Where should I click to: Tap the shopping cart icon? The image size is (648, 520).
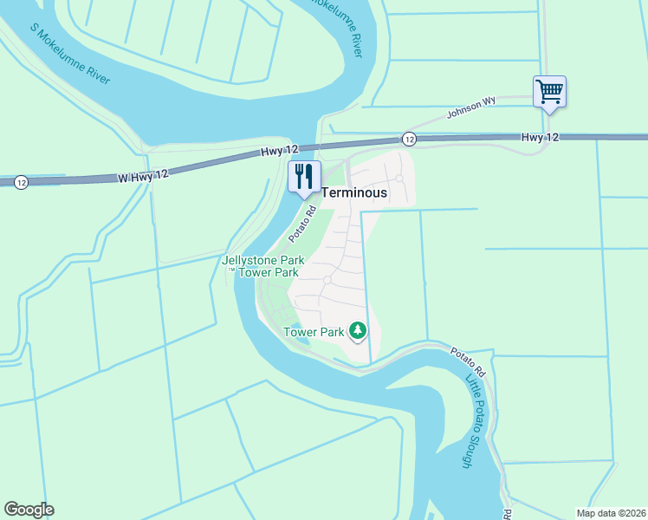pyautogui.click(x=549, y=90)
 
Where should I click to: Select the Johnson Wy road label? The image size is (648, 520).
pyautogui.click(x=470, y=107)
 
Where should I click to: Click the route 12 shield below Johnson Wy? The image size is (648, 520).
pyautogui.click(x=409, y=139)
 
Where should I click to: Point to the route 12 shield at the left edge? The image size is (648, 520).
pyautogui.click(x=21, y=182)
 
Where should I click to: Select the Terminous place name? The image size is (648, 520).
pyautogui.click(x=353, y=193)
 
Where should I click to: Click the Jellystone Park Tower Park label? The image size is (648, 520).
pyautogui.click(x=260, y=265)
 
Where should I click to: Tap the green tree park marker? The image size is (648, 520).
pyautogui.click(x=357, y=330)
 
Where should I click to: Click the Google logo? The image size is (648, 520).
pyautogui.click(x=29, y=510)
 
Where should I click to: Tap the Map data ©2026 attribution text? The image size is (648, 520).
pyautogui.click(x=610, y=513)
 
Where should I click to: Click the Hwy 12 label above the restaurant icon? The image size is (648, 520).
pyautogui.click(x=280, y=153)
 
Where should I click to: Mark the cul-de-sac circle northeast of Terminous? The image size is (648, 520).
pyautogui.click(x=399, y=178)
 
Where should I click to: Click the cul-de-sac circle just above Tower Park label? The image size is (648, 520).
pyautogui.click(x=327, y=280)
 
